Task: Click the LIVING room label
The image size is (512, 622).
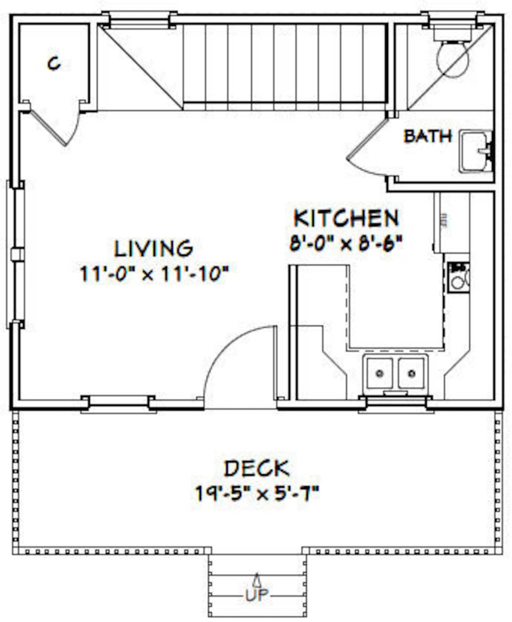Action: click(154, 248)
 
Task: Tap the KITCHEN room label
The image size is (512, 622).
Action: click(346, 218)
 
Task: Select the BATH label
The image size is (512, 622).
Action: click(428, 136)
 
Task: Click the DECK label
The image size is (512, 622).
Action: click(256, 468)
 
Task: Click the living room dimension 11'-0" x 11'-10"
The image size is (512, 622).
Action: click(155, 274)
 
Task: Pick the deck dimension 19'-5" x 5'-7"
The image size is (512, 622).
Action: click(257, 494)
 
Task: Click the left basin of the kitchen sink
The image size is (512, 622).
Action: click(380, 373)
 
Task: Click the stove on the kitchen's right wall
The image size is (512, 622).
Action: click(459, 277)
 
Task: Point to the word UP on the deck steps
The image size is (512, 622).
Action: click(257, 596)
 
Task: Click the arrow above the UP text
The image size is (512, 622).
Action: click(257, 579)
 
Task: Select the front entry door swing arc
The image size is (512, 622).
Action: click(234, 359)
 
